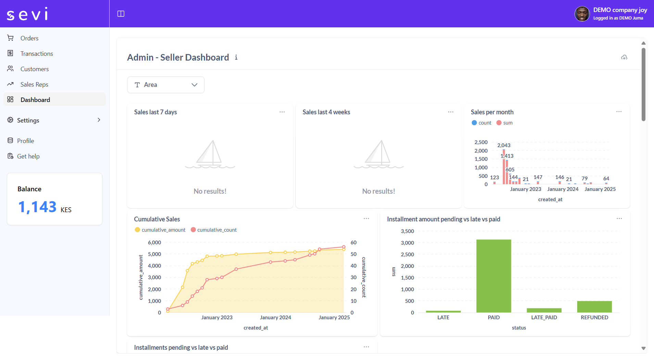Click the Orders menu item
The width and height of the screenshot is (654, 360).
pos(29,38)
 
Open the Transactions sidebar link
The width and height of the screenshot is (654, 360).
pos(36,54)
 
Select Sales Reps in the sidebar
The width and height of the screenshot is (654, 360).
pos(34,85)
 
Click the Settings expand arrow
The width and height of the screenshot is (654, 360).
pos(99,120)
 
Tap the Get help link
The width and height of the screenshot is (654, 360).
pos(28,156)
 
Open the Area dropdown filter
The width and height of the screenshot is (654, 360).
pos(166,85)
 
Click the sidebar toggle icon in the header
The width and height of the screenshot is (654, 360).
pos(121,14)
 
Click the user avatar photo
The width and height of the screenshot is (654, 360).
pos(582,14)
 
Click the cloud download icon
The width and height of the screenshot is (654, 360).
pos(624,57)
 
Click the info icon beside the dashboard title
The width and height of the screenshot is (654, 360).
pos(236,57)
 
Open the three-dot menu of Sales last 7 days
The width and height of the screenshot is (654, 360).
pos(282,112)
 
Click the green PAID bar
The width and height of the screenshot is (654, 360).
pos(493,275)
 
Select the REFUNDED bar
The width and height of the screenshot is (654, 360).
pos(594,307)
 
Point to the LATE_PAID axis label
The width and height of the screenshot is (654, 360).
pos(544,318)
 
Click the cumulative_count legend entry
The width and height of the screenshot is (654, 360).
pos(214,230)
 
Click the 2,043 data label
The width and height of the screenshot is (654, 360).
pos(504,145)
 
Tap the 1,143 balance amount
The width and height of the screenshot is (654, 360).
pos(37,207)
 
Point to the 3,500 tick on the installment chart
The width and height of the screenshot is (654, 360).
pos(407,231)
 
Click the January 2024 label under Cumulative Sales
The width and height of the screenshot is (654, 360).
pos(275,318)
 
